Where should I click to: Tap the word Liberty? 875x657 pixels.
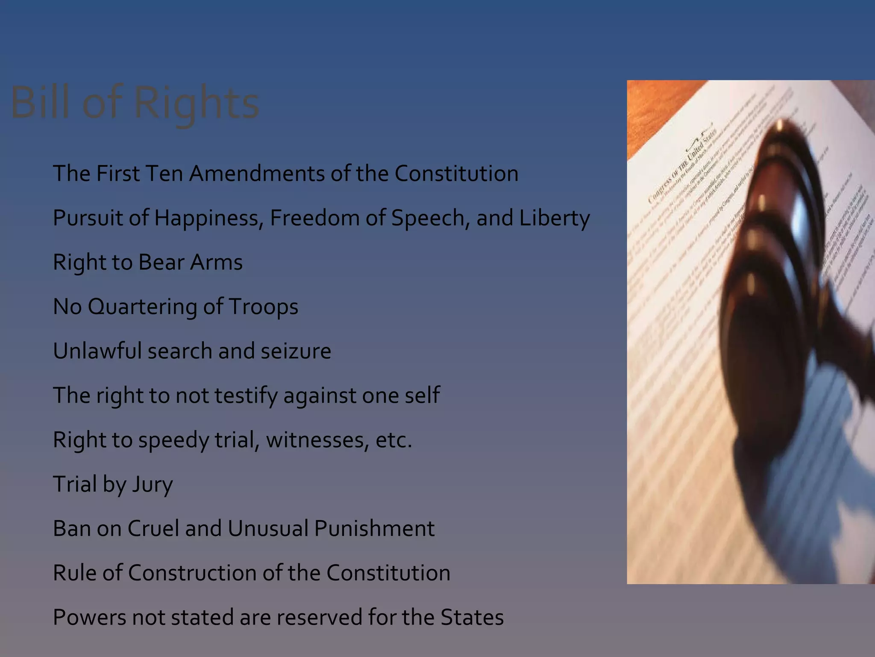click(x=554, y=218)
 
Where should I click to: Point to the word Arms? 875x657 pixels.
click(x=216, y=262)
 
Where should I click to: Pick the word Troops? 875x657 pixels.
click(x=263, y=307)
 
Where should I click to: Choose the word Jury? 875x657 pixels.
click(x=152, y=485)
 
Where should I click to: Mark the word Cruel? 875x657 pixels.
click(x=153, y=529)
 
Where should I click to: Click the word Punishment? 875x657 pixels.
click(x=374, y=529)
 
